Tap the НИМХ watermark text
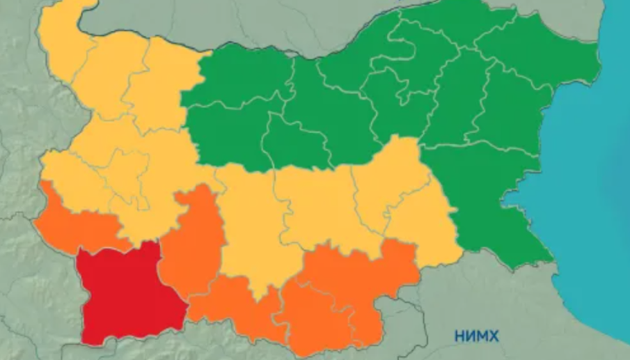point(477,336)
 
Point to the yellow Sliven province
point(390,174)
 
